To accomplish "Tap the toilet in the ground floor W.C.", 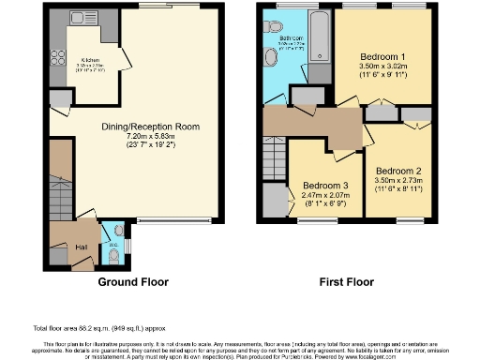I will coord(112,251).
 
